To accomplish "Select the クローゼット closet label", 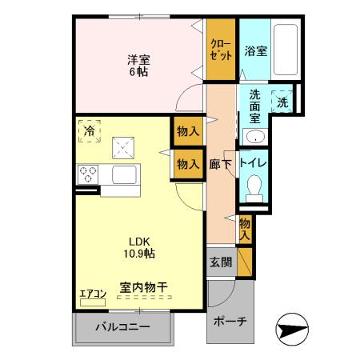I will [221, 50].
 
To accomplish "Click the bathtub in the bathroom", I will [285, 51].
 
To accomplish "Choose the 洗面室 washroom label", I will [254, 103].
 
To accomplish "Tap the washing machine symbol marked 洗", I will [281, 101].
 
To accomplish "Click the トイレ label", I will [257, 162].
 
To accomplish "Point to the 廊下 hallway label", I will [221, 162].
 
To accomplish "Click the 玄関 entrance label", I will [220, 262].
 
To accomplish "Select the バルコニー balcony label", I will [123, 326].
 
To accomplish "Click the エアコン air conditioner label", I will [93, 294].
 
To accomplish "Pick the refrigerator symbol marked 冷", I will [90, 130].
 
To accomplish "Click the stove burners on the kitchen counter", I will [87, 174].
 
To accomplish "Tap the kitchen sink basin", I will [125, 174].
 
